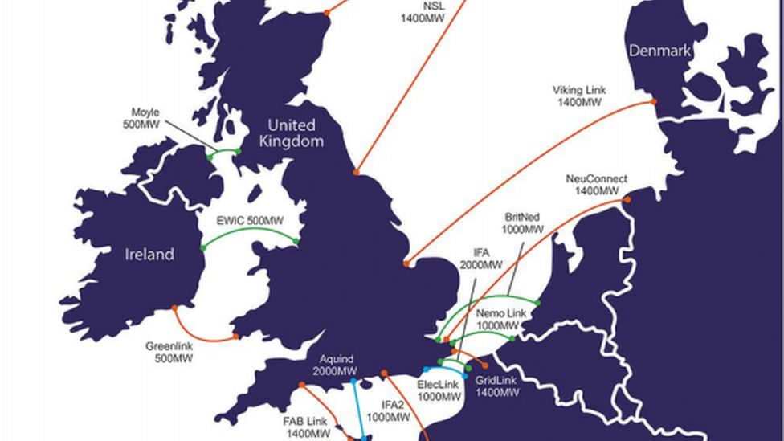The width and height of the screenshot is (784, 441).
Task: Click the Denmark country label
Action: click(659, 51)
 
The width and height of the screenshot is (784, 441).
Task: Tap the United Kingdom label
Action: click(291, 133)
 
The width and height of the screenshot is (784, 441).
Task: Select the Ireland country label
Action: click(149, 255)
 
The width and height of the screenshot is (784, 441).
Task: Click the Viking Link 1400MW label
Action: click(579, 96)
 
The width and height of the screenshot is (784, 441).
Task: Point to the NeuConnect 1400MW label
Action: click(596, 185)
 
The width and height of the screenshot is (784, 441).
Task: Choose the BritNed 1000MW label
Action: click(523, 223)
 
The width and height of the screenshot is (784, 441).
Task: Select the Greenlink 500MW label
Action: click(169, 353)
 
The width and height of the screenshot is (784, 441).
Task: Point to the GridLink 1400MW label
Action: click(497, 386)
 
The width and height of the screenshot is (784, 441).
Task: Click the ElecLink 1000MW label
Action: click(439, 390)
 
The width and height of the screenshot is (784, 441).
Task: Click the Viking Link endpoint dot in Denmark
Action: click(654, 102)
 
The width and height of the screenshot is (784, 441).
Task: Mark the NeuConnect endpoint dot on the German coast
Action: click(627, 199)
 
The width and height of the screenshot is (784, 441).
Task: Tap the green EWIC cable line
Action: click(249, 231)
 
